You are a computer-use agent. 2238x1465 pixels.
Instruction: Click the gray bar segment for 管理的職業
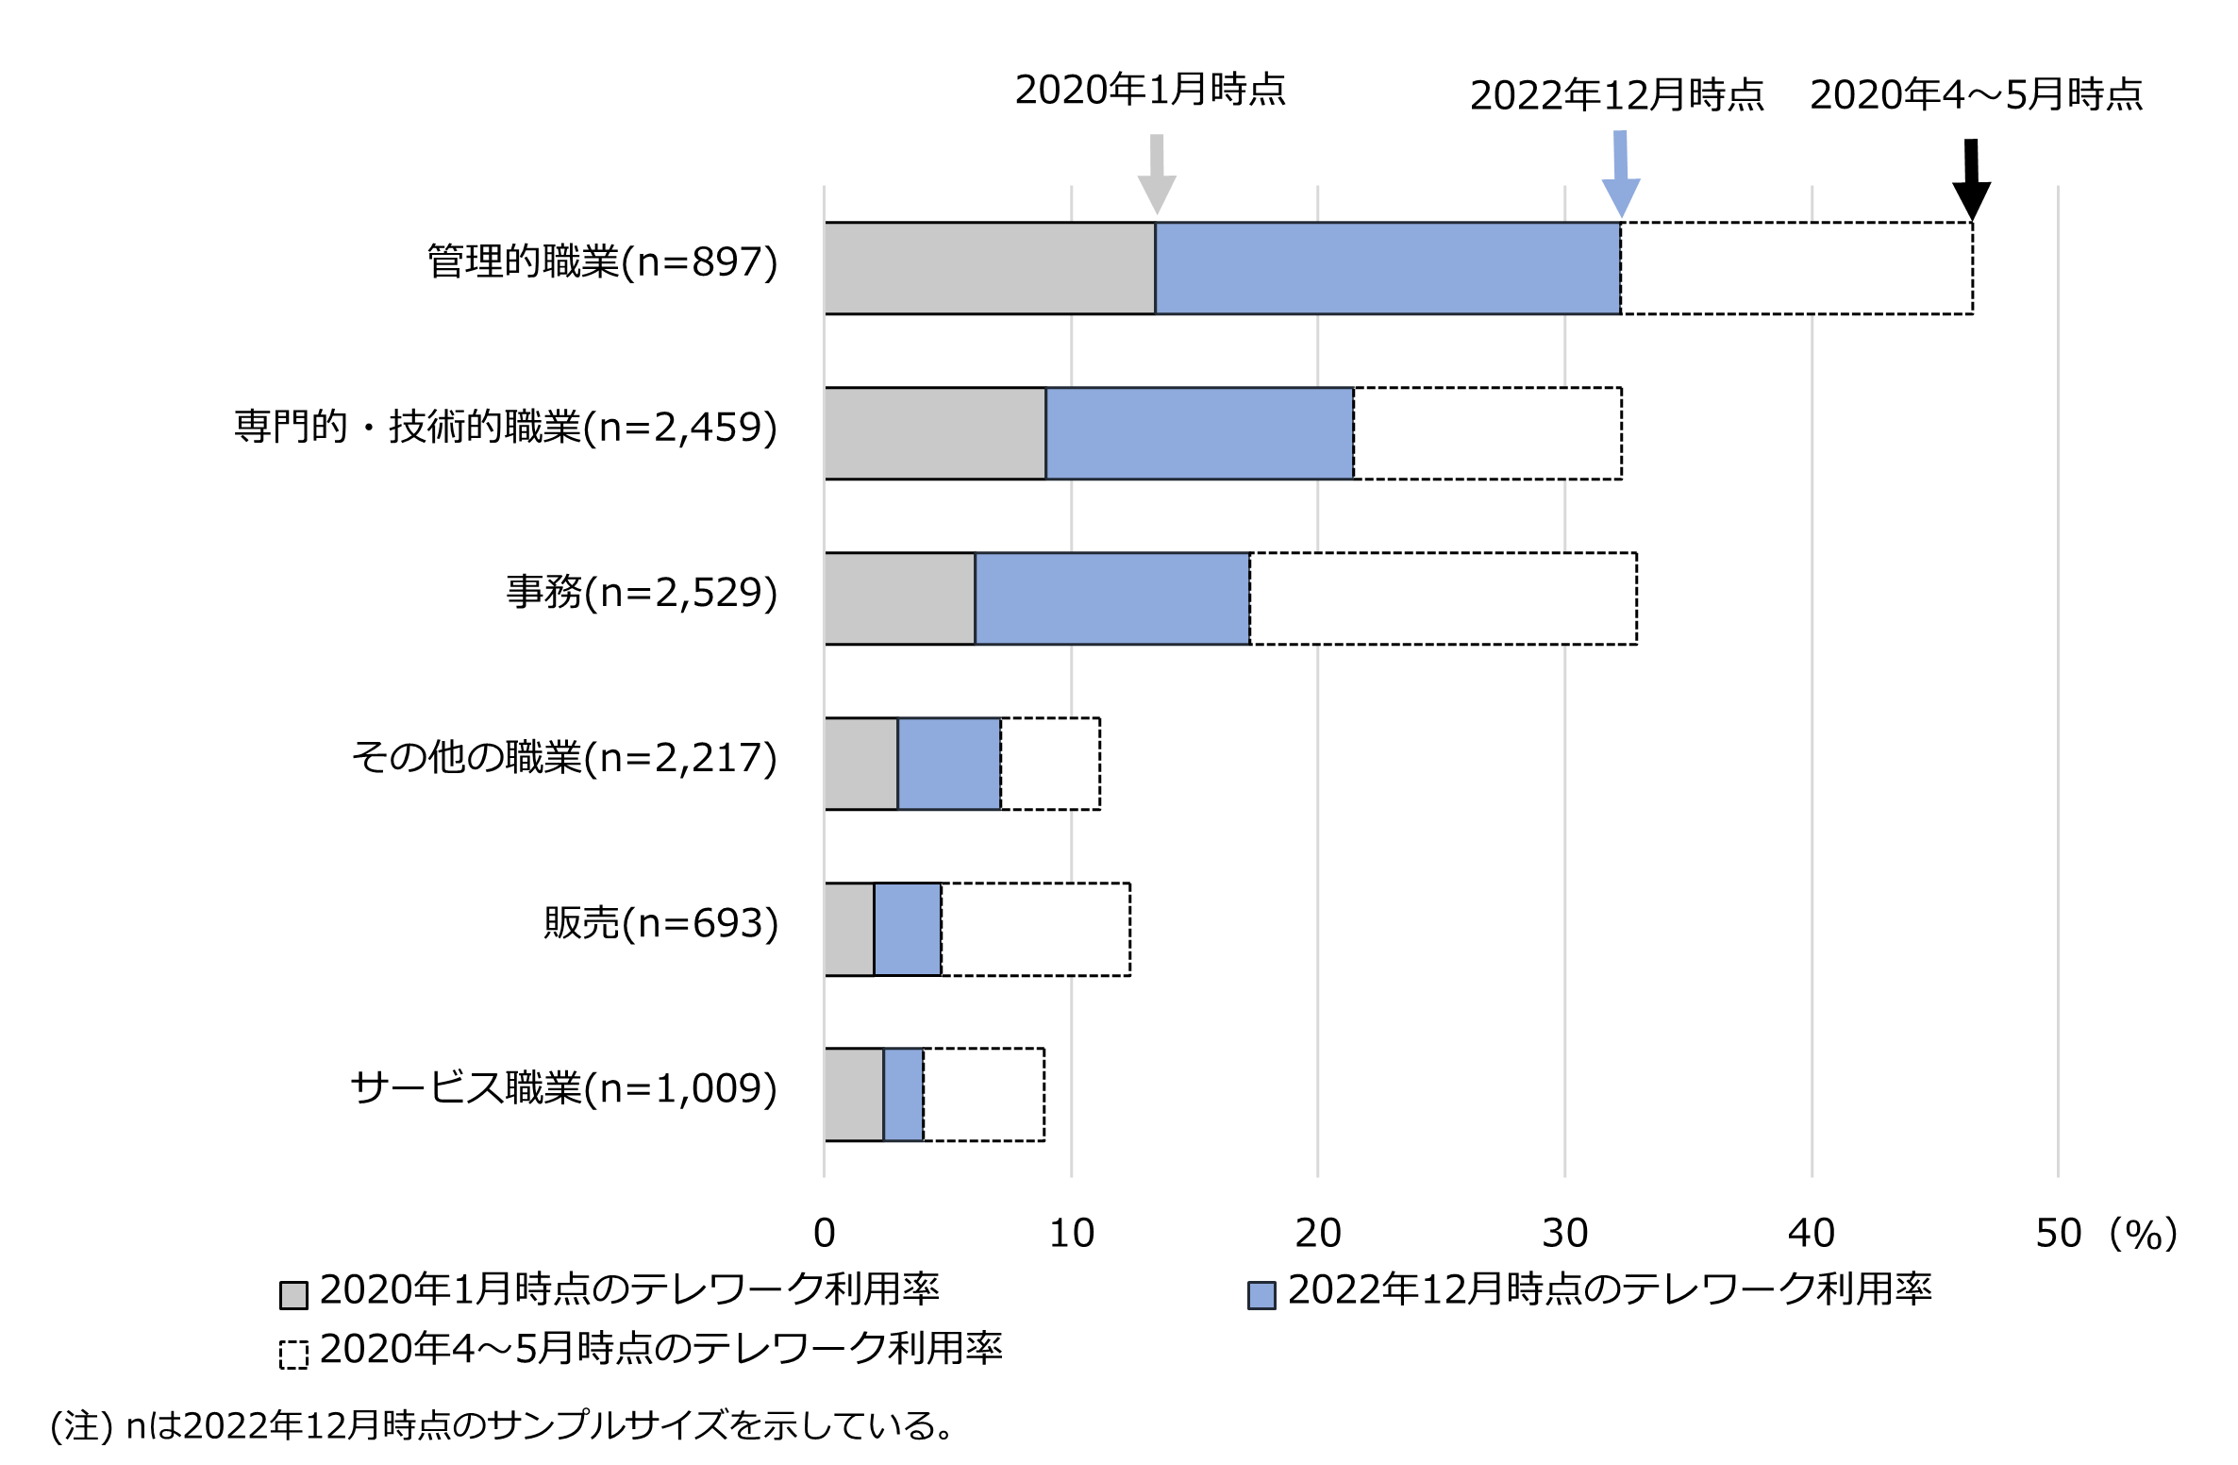pyautogui.click(x=990, y=268)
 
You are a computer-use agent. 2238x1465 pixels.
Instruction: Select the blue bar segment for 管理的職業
pyautogui.click(x=1388, y=268)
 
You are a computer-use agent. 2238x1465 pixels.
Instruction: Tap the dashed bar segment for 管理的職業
pyautogui.click(x=1796, y=268)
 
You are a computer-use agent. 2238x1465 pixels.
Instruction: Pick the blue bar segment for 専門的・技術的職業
pyautogui.click(x=1199, y=433)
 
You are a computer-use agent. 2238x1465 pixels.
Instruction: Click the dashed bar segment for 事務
pyautogui.click(x=1444, y=598)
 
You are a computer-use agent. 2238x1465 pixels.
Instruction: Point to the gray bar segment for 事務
pyautogui.click(x=900, y=598)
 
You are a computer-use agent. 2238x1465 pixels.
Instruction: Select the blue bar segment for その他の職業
pyautogui.click(x=949, y=764)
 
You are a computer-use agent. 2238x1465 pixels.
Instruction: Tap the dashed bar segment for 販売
pyautogui.click(x=1036, y=929)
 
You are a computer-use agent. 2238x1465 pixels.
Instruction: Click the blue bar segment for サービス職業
pyautogui.click(x=903, y=1094)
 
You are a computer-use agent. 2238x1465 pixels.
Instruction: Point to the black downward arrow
pyautogui.click(x=1971, y=180)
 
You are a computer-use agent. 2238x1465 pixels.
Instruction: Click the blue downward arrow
pyautogui.click(x=1621, y=176)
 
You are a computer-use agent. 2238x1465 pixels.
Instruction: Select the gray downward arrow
pyautogui.click(x=1157, y=176)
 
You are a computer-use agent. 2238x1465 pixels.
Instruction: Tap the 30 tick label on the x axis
pyautogui.click(x=1564, y=1233)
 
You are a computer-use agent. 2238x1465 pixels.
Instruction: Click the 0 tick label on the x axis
pyautogui.click(x=824, y=1233)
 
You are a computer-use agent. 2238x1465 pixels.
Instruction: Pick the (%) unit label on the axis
pyautogui.click(x=2144, y=1233)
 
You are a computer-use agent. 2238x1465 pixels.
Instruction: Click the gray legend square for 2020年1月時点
pyautogui.click(x=293, y=1295)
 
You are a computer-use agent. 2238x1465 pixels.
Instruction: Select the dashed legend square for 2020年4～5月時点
pyautogui.click(x=293, y=1355)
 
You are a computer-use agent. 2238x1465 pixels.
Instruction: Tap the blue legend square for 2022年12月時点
pyautogui.click(x=1261, y=1295)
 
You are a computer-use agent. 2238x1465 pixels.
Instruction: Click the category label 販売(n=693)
pyautogui.click(x=660, y=923)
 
